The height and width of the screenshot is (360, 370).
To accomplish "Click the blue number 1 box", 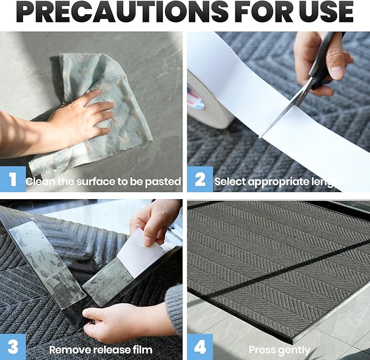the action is pyautogui.click(x=13, y=179).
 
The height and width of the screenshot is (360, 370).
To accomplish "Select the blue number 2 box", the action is pyautogui.click(x=200, y=179).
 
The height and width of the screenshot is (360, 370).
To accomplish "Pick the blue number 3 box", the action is pyautogui.click(x=13, y=347).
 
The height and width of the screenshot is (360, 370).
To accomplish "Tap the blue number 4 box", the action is pyautogui.click(x=200, y=347).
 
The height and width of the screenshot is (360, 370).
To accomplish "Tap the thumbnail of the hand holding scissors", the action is pyautogui.click(x=337, y=70).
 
